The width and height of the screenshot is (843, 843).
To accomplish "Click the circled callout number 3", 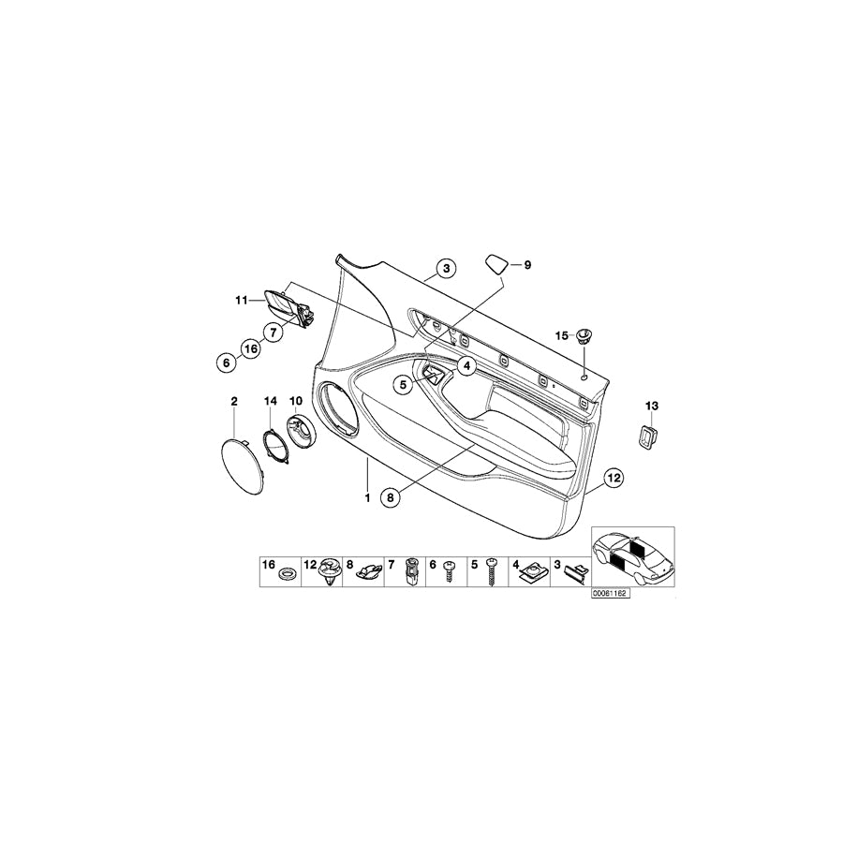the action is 446,268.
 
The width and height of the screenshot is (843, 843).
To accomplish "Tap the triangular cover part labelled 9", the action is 497,264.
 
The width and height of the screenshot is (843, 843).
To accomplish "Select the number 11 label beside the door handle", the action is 242,300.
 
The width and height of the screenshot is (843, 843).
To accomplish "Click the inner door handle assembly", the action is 288,307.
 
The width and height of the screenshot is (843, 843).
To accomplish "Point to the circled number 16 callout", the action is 251,349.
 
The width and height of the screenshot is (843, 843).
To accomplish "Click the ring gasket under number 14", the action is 277,441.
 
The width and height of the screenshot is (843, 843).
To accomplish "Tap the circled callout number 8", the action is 391,498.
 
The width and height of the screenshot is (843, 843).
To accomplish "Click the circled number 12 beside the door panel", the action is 614,477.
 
